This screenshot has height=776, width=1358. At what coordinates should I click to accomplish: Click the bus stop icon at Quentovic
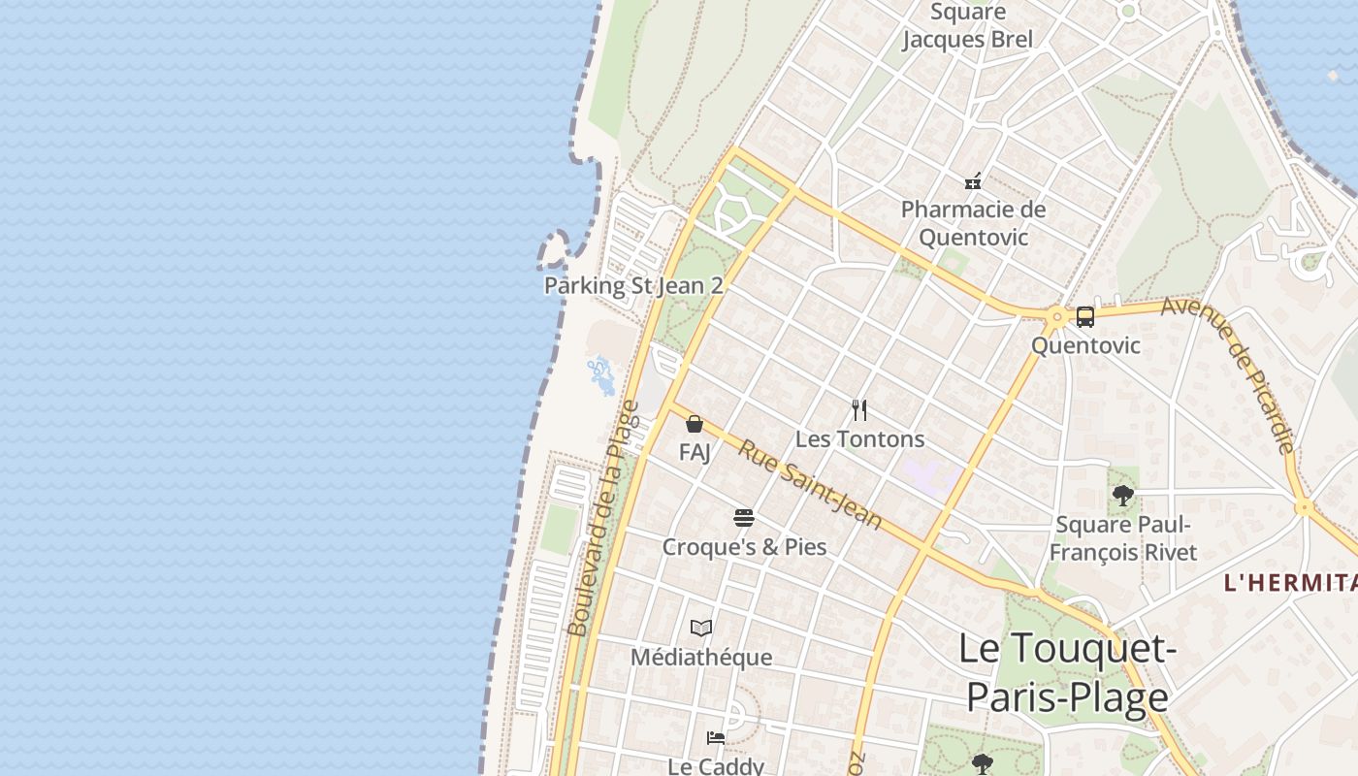point(1084,316)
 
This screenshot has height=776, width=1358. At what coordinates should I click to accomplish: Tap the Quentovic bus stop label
point(1085,345)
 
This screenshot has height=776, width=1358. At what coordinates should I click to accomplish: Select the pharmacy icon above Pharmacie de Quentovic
point(973,181)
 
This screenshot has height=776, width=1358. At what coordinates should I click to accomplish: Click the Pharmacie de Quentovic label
point(973,223)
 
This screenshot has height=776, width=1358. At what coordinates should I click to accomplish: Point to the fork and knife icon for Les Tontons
point(858,409)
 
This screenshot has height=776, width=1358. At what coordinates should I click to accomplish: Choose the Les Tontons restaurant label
point(859,439)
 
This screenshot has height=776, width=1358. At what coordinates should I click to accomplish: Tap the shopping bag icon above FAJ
point(695,424)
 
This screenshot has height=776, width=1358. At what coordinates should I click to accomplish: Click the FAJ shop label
point(695,452)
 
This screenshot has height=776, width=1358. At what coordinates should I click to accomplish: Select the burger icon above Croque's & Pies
point(744,518)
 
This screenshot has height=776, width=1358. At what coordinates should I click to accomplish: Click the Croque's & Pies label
point(744,547)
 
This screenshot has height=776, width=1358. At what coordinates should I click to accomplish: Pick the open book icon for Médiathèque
point(701,629)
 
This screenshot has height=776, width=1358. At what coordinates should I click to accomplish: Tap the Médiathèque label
point(701,658)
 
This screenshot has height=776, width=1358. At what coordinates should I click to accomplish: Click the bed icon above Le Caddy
point(716,737)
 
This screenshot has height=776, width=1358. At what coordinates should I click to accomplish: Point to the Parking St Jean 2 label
point(633,285)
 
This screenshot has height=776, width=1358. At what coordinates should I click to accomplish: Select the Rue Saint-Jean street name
point(810,484)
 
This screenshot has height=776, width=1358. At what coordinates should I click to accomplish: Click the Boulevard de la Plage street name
point(603,519)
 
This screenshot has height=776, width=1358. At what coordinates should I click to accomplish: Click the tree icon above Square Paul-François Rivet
point(1123,497)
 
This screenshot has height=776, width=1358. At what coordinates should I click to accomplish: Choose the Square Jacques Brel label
point(967,26)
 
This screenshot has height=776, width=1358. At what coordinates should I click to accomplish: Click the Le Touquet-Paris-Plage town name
point(1067,673)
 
